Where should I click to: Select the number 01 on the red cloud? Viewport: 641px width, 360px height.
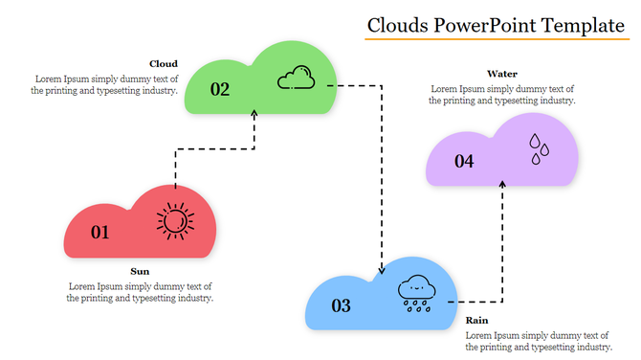tap(99, 232)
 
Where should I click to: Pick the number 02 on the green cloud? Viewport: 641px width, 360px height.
tap(220, 89)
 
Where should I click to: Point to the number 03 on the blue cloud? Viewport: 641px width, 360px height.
tap(341, 306)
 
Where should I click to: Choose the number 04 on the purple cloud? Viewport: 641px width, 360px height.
tap(464, 161)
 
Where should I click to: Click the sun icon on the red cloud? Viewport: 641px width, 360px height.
tap(174, 221)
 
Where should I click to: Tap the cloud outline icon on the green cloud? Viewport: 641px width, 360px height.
tap(296, 77)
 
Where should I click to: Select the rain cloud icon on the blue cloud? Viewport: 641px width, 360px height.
tap(417, 291)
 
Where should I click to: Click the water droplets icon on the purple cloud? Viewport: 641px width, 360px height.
tap(541, 145)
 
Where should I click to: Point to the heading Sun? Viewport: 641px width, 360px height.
tap(140, 271)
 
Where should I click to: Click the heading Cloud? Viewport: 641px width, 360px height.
tap(164, 64)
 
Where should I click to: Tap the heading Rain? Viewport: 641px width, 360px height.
tap(476, 320)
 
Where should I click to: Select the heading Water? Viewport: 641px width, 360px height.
tap(502, 73)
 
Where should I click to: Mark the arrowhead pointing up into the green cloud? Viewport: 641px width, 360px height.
tap(254, 113)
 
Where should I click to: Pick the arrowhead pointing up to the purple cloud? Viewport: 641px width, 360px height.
tap(503, 182)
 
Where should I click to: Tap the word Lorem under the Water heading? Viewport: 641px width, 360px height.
tap(444, 88)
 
